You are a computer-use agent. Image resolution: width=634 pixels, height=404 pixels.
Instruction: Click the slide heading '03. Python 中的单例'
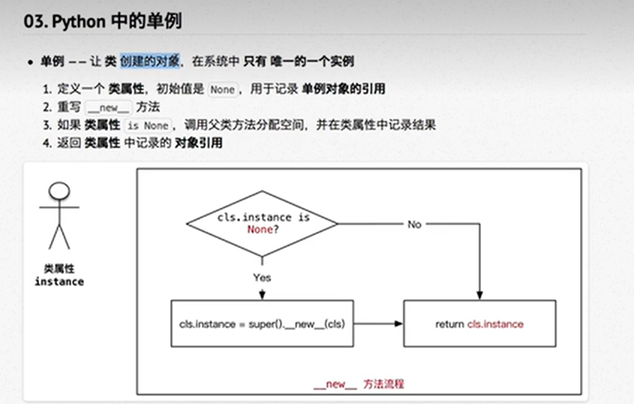pos(102,20)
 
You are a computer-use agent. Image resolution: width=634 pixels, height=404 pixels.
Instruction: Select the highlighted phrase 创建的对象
pos(149,61)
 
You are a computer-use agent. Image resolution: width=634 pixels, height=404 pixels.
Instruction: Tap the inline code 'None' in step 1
pos(222,89)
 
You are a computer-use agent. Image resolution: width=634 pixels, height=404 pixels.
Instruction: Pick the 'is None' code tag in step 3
pos(147,125)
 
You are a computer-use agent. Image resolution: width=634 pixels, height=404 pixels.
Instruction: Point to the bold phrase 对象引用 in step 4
pos(198,143)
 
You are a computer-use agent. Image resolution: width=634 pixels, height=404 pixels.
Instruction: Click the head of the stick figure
pos(59,190)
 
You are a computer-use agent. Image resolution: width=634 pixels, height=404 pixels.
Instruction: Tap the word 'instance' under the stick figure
pos(59,282)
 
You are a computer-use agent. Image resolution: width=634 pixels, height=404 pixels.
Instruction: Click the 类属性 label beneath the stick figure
pos(59,268)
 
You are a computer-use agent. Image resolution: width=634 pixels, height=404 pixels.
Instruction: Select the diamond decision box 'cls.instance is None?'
pos(262,223)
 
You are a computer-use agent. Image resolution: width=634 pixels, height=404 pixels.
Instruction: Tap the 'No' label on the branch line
pos(414,224)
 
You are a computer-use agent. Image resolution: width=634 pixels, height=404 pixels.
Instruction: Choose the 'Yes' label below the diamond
pos(262,277)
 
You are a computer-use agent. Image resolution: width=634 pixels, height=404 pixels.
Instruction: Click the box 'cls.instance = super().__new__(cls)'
pos(262,324)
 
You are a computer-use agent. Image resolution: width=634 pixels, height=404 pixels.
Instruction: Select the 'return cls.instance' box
pos(479,324)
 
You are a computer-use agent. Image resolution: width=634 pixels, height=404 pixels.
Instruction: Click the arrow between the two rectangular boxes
pos(378,324)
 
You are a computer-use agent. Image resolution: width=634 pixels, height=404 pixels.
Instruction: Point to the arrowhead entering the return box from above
pos(479,295)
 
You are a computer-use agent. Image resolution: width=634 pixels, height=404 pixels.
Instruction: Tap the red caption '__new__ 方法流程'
pos(359,383)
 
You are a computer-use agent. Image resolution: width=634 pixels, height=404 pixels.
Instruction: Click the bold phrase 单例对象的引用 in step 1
pos(343,89)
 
